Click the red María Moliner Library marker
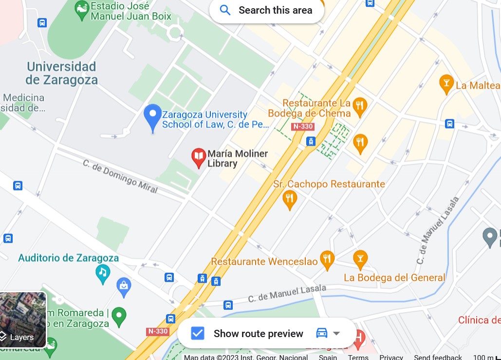(199, 157)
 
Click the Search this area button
(266, 10)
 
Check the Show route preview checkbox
(197, 333)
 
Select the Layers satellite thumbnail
(23, 320)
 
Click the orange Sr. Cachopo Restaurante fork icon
(290, 199)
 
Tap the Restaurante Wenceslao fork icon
(327, 260)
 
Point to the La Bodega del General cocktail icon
(360, 259)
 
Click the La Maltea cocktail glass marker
(446, 83)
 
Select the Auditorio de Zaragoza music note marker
(102, 273)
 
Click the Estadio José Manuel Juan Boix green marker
(82, 8)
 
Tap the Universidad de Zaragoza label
(61, 73)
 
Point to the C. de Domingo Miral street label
(120, 176)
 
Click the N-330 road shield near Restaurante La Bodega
(302, 127)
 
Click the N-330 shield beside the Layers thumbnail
(157, 331)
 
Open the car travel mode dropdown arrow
(336, 333)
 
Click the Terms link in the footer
(358, 357)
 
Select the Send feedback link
(438, 357)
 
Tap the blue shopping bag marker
(124, 286)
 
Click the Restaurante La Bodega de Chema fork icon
(360, 106)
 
